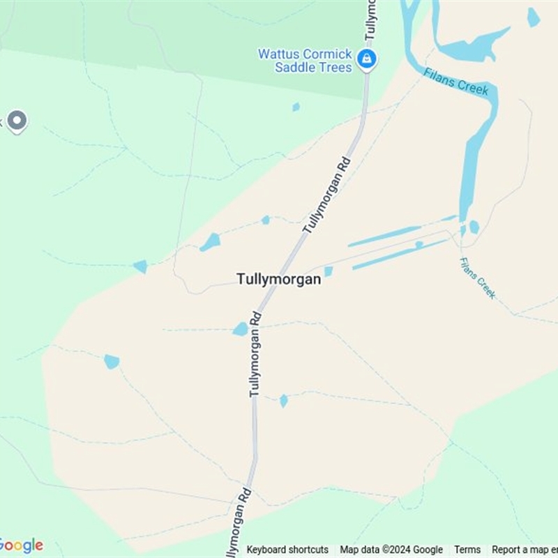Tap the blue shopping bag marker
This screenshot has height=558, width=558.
366,59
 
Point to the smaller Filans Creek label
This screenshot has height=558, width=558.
478,278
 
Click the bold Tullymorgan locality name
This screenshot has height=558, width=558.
279,279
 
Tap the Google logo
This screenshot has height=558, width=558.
21,545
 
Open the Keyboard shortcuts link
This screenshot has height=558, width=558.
287,550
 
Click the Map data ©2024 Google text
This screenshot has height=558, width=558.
391,550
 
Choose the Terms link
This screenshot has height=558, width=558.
467,550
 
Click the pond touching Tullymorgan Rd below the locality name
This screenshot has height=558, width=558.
241,329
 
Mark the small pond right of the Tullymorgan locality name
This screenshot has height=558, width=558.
329,271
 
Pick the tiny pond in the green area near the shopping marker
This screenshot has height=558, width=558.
296,107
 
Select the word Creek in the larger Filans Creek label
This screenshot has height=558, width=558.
475,89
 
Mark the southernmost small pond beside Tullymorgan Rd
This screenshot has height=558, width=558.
283,400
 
